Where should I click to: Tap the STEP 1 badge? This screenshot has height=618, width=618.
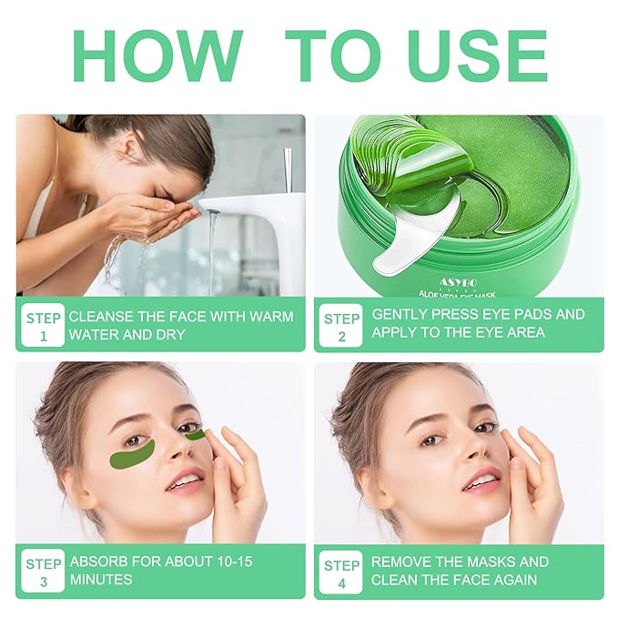point(43,325)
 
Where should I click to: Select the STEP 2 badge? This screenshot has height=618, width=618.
point(341,325)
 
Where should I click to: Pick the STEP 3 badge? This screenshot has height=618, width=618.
point(43,571)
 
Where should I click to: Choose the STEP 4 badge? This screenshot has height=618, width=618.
point(341,571)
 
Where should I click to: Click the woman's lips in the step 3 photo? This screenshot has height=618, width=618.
point(185,481)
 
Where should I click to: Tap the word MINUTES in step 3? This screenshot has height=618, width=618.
point(101,580)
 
